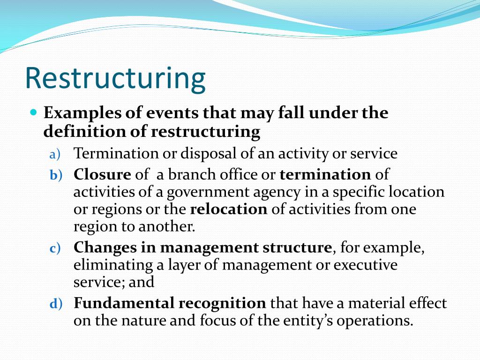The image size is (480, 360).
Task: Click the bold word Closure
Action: pos(102,175)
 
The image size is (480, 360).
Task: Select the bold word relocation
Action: pos(228,209)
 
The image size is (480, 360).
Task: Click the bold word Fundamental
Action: pos(124,303)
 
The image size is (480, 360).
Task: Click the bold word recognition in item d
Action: pos(222,303)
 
